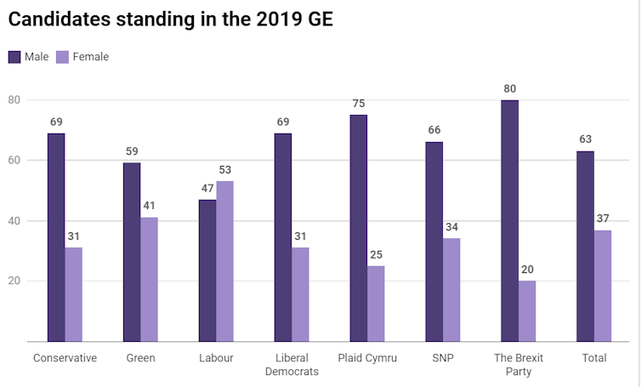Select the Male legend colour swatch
[x=16, y=57]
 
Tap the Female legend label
[x=91, y=57]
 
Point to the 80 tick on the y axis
[x=14, y=100]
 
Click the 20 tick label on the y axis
[x=14, y=281]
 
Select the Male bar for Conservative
[x=56, y=237]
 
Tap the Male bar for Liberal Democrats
[x=282, y=237]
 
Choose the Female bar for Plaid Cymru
[x=376, y=304]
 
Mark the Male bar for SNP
[x=434, y=242]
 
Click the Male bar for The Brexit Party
[x=509, y=220]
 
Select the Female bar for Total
[x=603, y=286]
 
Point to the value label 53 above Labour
[x=225, y=170]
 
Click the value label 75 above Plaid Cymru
[x=358, y=104]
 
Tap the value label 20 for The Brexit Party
[x=527, y=270]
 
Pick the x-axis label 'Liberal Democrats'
[x=292, y=365]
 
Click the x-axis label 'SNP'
[x=443, y=358]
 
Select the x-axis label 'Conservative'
[x=65, y=358]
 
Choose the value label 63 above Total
[x=585, y=139]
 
